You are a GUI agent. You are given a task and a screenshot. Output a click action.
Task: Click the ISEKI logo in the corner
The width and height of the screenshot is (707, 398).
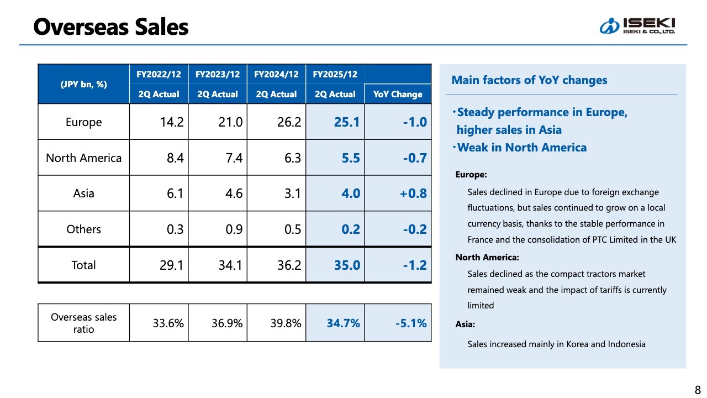click(637, 25)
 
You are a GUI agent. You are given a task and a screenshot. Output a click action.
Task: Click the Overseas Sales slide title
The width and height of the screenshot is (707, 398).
click(111, 27)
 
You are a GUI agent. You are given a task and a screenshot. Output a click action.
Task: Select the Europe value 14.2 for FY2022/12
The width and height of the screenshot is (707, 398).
click(171, 122)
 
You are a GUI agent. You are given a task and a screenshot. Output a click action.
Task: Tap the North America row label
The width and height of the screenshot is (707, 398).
click(83, 158)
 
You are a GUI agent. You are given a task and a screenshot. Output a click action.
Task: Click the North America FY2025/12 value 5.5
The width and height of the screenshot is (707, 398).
click(351, 158)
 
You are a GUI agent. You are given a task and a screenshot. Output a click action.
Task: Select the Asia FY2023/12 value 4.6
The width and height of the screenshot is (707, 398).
click(230, 193)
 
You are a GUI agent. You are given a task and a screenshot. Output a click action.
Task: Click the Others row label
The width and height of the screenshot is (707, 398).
click(83, 229)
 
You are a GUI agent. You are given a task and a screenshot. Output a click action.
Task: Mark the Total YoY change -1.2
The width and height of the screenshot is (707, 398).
click(414, 265)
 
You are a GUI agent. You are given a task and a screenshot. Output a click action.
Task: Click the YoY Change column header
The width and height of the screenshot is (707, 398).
click(398, 94)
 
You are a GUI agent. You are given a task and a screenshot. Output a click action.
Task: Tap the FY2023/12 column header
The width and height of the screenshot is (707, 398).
click(218, 74)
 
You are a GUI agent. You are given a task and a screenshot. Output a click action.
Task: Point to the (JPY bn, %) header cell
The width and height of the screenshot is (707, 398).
click(83, 84)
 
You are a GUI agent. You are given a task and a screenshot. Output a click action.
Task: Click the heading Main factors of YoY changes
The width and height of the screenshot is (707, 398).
click(529, 80)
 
